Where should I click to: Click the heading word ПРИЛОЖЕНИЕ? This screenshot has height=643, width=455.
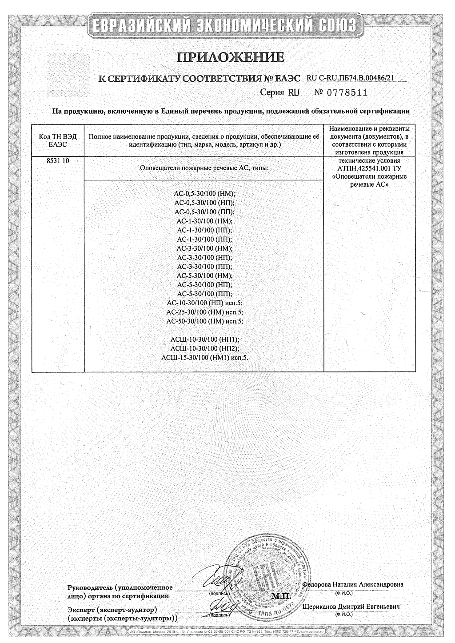(230, 58)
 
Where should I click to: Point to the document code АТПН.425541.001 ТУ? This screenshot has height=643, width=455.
(369, 169)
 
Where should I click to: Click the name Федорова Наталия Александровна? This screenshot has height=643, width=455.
(353, 584)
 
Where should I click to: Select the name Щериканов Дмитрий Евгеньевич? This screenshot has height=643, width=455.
(351, 607)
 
